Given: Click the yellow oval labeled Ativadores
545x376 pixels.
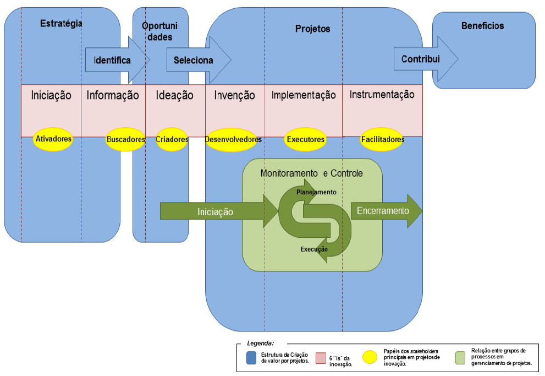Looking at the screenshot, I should pyautogui.click(x=53, y=139).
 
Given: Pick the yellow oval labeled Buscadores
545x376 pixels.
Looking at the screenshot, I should pyautogui.click(x=125, y=139).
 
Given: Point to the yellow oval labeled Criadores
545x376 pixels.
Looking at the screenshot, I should pyautogui.click(x=172, y=139).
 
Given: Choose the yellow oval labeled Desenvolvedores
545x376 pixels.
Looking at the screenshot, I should pyautogui.click(x=233, y=140).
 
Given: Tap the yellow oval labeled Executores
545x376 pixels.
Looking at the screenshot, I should pyautogui.click(x=305, y=139).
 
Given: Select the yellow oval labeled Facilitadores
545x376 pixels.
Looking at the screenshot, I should pyautogui.click(x=382, y=139).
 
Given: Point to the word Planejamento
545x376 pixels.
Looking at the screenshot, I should pyautogui.click(x=316, y=192).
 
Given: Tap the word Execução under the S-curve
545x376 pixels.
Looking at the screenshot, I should pyautogui.click(x=314, y=249).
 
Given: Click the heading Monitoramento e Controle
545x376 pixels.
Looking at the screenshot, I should pyautogui.click(x=311, y=173).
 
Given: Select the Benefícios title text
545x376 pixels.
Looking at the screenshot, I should pyautogui.click(x=482, y=26).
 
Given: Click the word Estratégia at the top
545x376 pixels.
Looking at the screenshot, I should pyautogui.click(x=61, y=23).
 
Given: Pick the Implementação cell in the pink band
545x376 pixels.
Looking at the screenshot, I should pyautogui.click(x=304, y=95).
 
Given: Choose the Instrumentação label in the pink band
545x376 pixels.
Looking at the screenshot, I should pyautogui.click(x=382, y=95).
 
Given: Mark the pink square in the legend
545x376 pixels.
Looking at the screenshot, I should pyautogui.click(x=321, y=358).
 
